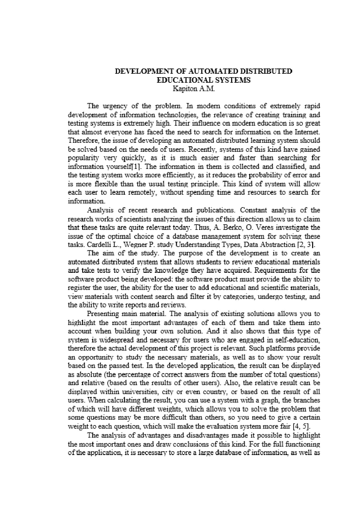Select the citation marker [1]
tap(139, 167)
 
